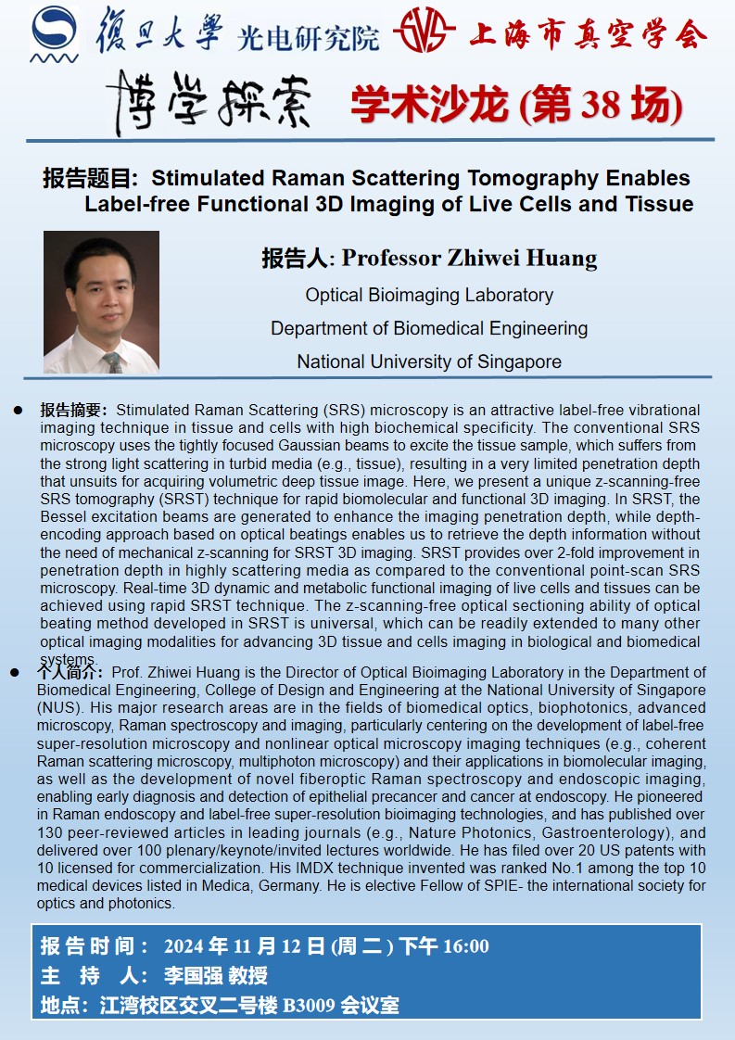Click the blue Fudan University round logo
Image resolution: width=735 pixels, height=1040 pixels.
(55, 35)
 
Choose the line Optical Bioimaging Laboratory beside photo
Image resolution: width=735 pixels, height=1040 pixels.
(429, 295)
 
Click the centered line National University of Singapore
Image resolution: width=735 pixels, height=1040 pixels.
(429, 361)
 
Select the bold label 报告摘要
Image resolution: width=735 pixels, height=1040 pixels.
(74, 410)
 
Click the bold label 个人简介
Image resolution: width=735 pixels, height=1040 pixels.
(71, 672)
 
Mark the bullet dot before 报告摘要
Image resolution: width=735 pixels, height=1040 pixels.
(18, 410)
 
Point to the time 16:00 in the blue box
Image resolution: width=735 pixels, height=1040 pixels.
(465, 946)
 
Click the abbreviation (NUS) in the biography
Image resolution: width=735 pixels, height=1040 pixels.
(58, 708)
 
